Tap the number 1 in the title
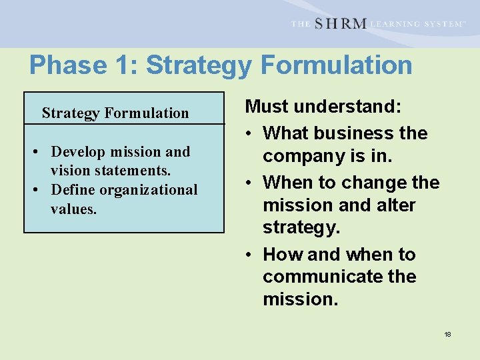click(x=125, y=65)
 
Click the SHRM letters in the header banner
click(x=340, y=23)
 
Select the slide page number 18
click(x=447, y=334)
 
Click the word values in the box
click(x=73, y=209)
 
